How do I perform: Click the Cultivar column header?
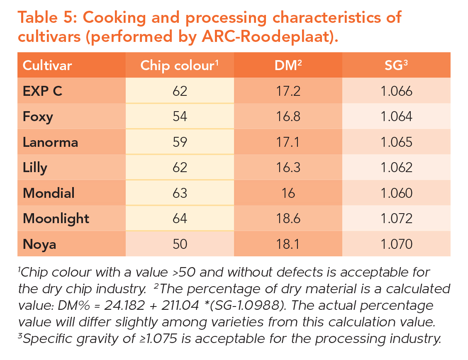click(x=47, y=66)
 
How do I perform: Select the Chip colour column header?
click(x=179, y=66)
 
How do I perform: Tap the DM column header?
click(x=288, y=66)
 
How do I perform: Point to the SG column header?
click(x=396, y=66)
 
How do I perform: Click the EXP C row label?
click(x=43, y=91)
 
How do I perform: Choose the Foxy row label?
click(x=38, y=117)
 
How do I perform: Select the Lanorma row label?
click(x=51, y=142)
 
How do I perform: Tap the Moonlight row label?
click(x=56, y=218)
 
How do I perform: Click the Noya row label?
click(x=39, y=244)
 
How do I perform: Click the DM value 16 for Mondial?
click(x=288, y=193)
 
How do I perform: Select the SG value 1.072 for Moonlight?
click(x=396, y=219)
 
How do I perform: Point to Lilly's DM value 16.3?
click(x=288, y=168)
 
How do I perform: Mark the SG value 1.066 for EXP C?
click(x=396, y=91)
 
